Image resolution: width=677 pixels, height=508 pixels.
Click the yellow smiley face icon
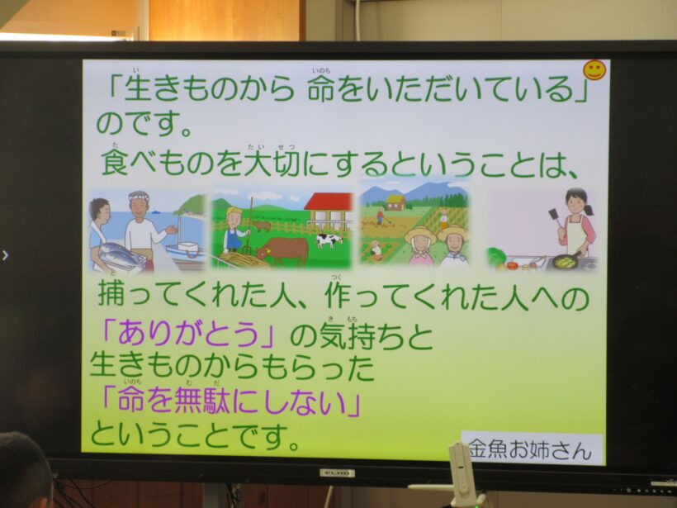point(594,70)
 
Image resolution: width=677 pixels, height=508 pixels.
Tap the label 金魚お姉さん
point(531,450)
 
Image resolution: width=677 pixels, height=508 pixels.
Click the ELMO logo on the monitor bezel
point(337,472)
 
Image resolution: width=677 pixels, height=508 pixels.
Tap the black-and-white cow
point(328,240)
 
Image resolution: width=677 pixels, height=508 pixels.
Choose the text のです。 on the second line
point(144,126)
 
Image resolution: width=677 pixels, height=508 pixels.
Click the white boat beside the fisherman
point(185,247)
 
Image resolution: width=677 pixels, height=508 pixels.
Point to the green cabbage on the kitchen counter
point(495,257)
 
